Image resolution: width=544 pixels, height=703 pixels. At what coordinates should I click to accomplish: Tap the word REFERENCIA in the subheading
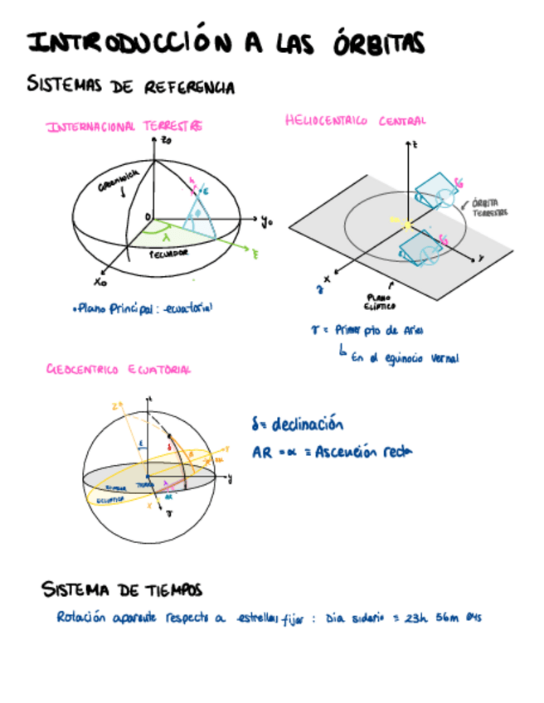pyautogui.click(x=190, y=86)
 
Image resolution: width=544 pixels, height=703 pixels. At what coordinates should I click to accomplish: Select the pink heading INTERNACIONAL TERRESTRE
pyautogui.click(x=124, y=127)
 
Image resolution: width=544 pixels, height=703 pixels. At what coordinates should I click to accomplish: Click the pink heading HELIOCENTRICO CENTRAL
pyautogui.click(x=355, y=120)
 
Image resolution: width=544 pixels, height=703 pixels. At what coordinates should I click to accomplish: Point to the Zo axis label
pyautogui.click(x=167, y=142)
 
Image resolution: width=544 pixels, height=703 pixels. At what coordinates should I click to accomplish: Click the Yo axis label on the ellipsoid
pyautogui.click(x=266, y=221)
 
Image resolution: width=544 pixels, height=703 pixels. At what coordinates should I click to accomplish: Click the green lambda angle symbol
pyautogui.click(x=167, y=237)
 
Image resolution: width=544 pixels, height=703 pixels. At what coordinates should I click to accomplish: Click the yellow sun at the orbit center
pyautogui.click(x=406, y=224)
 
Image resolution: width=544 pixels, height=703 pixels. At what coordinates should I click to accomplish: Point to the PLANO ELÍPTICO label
pyautogui.click(x=375, y=300)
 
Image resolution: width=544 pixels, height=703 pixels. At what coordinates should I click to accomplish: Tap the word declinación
pyautogui.click(x=308, y=425)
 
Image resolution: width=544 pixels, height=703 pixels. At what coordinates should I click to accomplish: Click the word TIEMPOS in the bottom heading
pyautogui.click(x=169, y=589)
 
